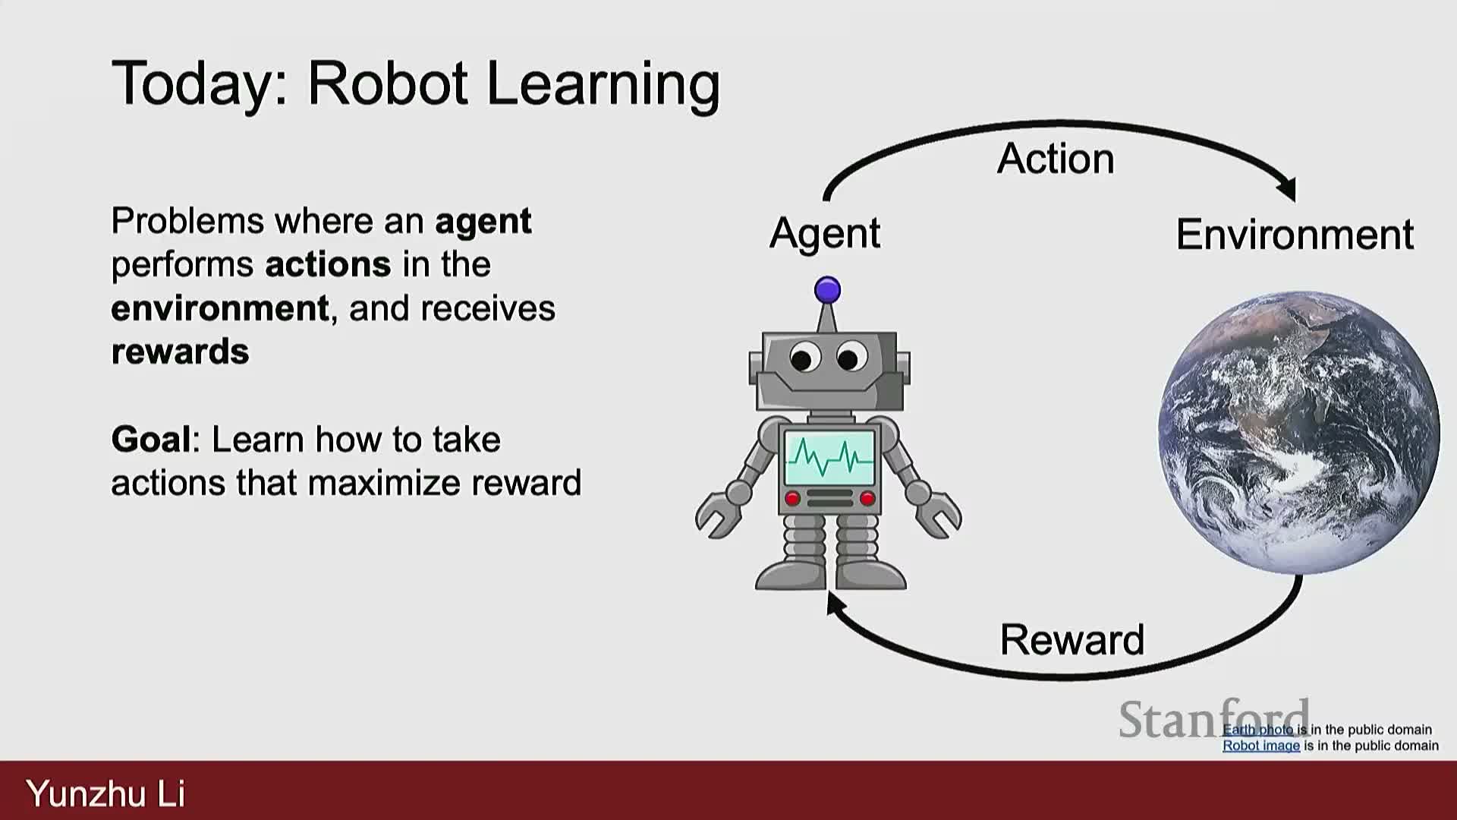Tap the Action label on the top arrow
[x=1056, y=159]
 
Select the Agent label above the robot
[x=825, y=233]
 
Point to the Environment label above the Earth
[x=1295, y=234]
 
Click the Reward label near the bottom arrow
[x=1072, y=639]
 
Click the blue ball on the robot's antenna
[x=827, y=290]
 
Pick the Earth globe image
[x=1298, y=432]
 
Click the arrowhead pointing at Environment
[x=1288, y=189]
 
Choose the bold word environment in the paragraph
[x=220, y=308]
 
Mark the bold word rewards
[x=180, y=352]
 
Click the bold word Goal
[x=151, y=439]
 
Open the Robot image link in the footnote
[x=1261, y=746]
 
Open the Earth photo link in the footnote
[x=1258, y=730]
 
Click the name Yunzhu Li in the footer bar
[x=105, y=793]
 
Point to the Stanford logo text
[x=1214, y=719]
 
